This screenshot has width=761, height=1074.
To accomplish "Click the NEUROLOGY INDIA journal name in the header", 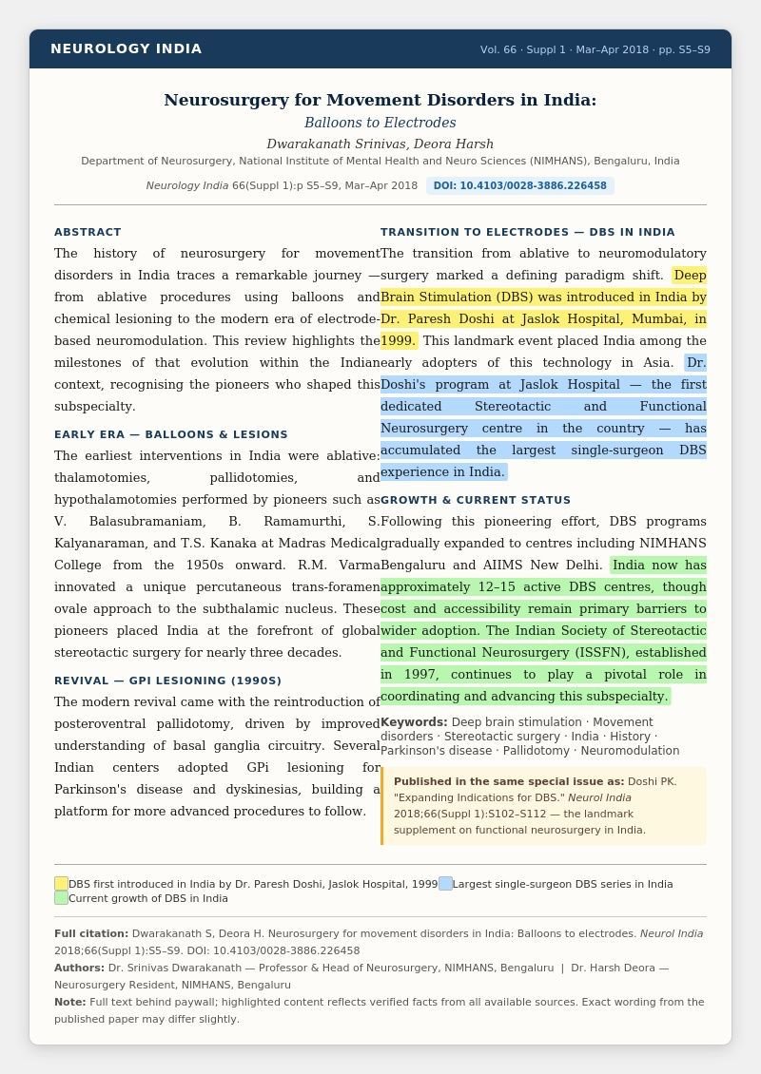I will pos(126,48).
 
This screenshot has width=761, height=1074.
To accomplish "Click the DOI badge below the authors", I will pos(519,185).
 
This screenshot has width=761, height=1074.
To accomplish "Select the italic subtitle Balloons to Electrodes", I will pos(380,123).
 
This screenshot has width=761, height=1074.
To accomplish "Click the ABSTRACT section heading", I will pos(88,232).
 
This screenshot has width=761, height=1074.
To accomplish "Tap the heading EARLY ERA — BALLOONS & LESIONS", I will pos(170,434).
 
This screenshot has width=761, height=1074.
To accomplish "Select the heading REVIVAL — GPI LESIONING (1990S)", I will pos(167,681).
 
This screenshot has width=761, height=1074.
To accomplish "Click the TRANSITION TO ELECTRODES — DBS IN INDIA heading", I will pos(527,232).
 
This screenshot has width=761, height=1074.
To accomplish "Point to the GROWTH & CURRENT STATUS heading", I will pos(476,500).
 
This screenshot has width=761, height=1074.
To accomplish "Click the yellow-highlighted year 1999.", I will pos(398,340).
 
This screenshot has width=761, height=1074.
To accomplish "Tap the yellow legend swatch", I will pos(61,883).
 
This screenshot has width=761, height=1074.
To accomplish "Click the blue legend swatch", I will pos(445,883).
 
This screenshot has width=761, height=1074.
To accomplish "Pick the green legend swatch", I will pos(61,897).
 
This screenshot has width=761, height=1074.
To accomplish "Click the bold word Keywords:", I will pos(413,722).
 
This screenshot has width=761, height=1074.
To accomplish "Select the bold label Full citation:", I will pos(90,933).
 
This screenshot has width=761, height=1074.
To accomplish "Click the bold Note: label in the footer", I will pos(69,1002).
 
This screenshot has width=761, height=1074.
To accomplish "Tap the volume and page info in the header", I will pos(595,49).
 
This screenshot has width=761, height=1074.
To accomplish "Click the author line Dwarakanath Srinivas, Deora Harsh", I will pos(380,144).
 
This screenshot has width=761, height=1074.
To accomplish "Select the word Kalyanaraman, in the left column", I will pos(99,543).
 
